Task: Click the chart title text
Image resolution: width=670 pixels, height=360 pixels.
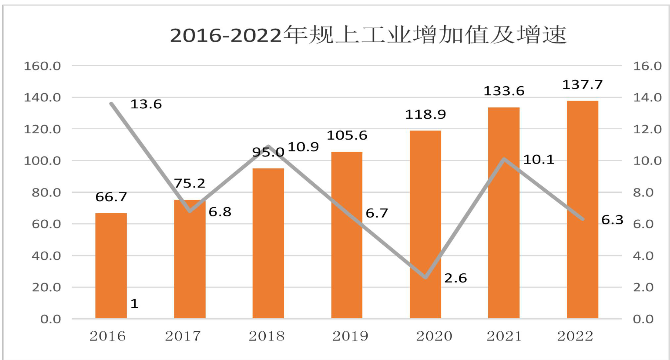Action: pyautogui.click(x=368, y=35)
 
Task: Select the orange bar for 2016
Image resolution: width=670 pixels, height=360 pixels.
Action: pyautogui.click(x=111, y=266)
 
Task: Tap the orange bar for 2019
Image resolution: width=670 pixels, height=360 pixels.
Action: pyautogui.click(x=347, y=235)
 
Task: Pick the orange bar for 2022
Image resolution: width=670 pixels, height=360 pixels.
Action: pyautogui.click(x=582, y=209)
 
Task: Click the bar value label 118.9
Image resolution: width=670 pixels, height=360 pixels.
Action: pyautogui.click(x=425, y=114)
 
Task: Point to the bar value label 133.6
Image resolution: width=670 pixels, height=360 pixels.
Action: pyautogui.click(x=504, y=91)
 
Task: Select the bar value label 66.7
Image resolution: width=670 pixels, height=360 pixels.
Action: pyautogui.click(x=111, y=197)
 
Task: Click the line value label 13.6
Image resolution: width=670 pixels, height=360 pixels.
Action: pyautogui.click(x=146, y=104)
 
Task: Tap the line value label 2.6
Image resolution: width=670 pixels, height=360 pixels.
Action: pyautogui.click(x=455, y=278)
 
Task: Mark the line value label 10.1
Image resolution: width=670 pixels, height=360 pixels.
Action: pyautogui.click(x=539, y=159)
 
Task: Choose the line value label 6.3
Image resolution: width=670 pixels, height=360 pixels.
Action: pyautogui.click(x=612, y=220)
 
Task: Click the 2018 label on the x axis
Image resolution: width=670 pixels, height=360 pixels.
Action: pyautogui.click(x=267, y=336)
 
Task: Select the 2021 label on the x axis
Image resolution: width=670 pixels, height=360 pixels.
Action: pyautogui.click(x=504, y=336)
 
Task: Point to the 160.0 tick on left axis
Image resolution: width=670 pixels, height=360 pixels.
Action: pyautogui.click(x=42, y=66)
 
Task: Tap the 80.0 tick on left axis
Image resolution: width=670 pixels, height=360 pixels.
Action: pyautogui.click(x=46, y=192)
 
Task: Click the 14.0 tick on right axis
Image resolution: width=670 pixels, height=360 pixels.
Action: pyautogui.click(x=647, y=98)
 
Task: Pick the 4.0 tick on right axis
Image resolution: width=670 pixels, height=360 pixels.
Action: pyautogui.click(x=643, y=256)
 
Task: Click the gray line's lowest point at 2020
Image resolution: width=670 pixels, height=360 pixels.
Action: pyautogui.click(x=426, y=277)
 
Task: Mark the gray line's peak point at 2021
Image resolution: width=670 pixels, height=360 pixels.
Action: pyautogui.click(x=504, y=159)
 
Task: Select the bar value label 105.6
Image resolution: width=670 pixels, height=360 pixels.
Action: pyautogui.click(x=347, y=135)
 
